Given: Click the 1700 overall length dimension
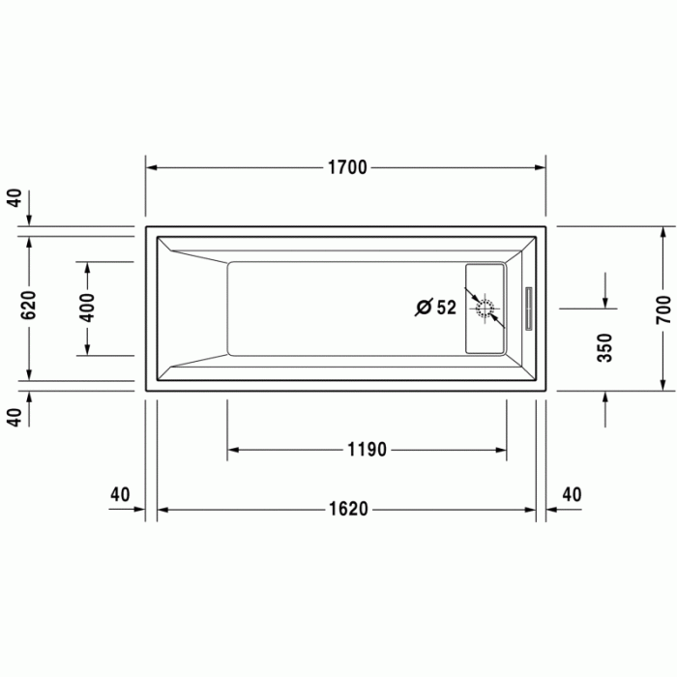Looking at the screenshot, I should (x=346, y=167).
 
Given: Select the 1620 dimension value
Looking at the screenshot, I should (x=346, y=509).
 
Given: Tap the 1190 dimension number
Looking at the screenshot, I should (x=367, y=450).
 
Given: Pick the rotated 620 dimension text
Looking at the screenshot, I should (x=28, y=305).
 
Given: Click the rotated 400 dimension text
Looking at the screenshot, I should (x=87, y=308).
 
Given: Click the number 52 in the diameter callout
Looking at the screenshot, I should (x=446, y=308).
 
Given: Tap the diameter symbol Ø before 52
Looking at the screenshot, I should (x=424, y=308).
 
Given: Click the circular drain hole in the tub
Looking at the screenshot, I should (x=486, y=309).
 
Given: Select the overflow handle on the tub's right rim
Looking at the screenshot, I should (x=529, y=309).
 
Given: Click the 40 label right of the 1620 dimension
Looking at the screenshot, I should (x=572, y=494).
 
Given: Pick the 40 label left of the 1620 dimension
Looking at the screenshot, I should (x=120, y=494).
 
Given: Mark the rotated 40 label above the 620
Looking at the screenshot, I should (x=13, y=197).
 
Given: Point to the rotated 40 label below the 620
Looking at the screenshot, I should (x=13, y=418).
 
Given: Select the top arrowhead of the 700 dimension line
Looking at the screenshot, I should (x=662, y=233).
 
